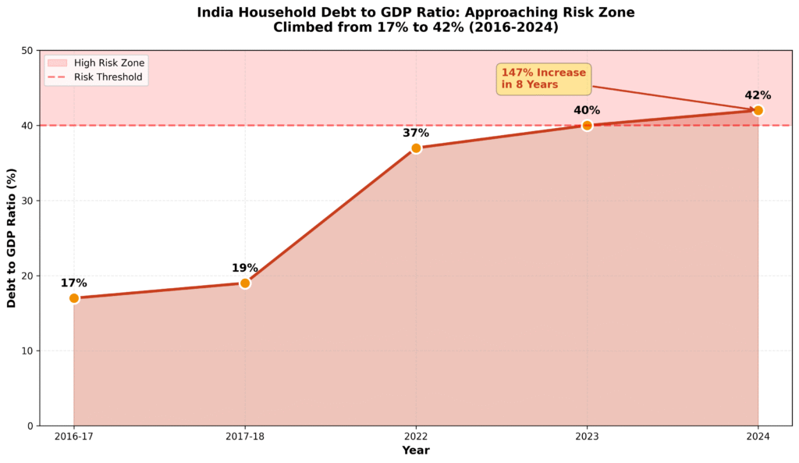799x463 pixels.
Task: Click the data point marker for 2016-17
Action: [74, 298]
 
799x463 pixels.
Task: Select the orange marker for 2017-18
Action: [245, 283]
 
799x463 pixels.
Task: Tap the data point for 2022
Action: [416, 148]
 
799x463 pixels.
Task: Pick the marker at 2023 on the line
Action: [587, 126]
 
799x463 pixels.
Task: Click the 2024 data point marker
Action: [758, 111]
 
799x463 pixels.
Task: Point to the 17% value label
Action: [74, 283]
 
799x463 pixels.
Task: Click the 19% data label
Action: [245, 268]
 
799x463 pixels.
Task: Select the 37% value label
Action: [416, 133]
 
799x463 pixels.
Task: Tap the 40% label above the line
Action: [587, 110]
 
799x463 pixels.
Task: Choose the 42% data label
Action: [758, 95]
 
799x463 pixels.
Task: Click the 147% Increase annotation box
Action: [544, 79]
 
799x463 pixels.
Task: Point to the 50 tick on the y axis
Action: [28, 51]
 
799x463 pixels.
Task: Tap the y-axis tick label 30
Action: [28, 201]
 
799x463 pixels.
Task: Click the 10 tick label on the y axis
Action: [28, 351]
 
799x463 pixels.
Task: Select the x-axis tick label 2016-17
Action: [74, 436]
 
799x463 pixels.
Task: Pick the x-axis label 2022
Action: [416, 436]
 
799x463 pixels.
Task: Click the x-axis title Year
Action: [416, 451]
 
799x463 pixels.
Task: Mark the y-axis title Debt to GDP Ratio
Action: [12, 238]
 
